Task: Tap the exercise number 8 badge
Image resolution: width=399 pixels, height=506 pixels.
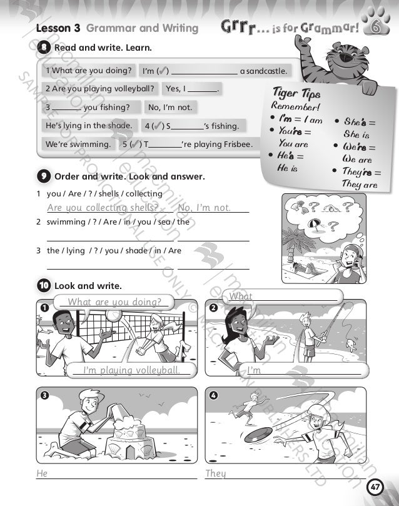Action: (44, 47)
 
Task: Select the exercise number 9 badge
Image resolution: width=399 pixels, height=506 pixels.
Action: (44, 176)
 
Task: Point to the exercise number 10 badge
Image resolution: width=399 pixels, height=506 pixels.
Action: (44, 286)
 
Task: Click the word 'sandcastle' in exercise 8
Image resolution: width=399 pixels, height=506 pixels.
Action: (263, 71)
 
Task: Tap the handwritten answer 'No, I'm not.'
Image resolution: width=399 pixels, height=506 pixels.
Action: (205, 208)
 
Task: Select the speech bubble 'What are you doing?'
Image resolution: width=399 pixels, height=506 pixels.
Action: (114, 302)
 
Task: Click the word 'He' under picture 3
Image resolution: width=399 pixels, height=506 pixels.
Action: (42, 473)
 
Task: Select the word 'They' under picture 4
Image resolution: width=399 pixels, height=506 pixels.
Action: (216, 473)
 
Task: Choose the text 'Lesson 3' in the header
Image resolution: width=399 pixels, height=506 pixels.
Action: (58, 28)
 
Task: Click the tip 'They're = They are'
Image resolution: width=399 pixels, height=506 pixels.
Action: (359, 178)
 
